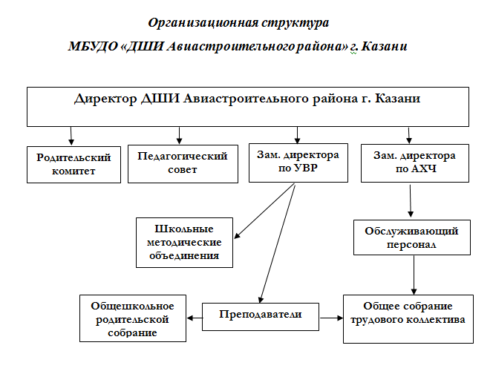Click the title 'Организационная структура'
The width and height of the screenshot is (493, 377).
click(x=239, y=24)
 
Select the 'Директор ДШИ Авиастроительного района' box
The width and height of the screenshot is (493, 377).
click(x=249, y=107)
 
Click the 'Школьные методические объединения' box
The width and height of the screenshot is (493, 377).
click(x=185, y=242)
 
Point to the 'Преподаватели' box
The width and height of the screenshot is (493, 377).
click(x=261, y=315)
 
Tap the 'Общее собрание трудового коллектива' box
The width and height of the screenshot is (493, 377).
click(x=408, y=318)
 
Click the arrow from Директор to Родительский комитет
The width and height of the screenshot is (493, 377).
click(x=71, y=135)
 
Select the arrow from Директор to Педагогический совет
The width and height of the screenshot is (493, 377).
click(x=179, y=135)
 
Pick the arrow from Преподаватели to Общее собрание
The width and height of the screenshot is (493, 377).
click(x=331, y=318)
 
